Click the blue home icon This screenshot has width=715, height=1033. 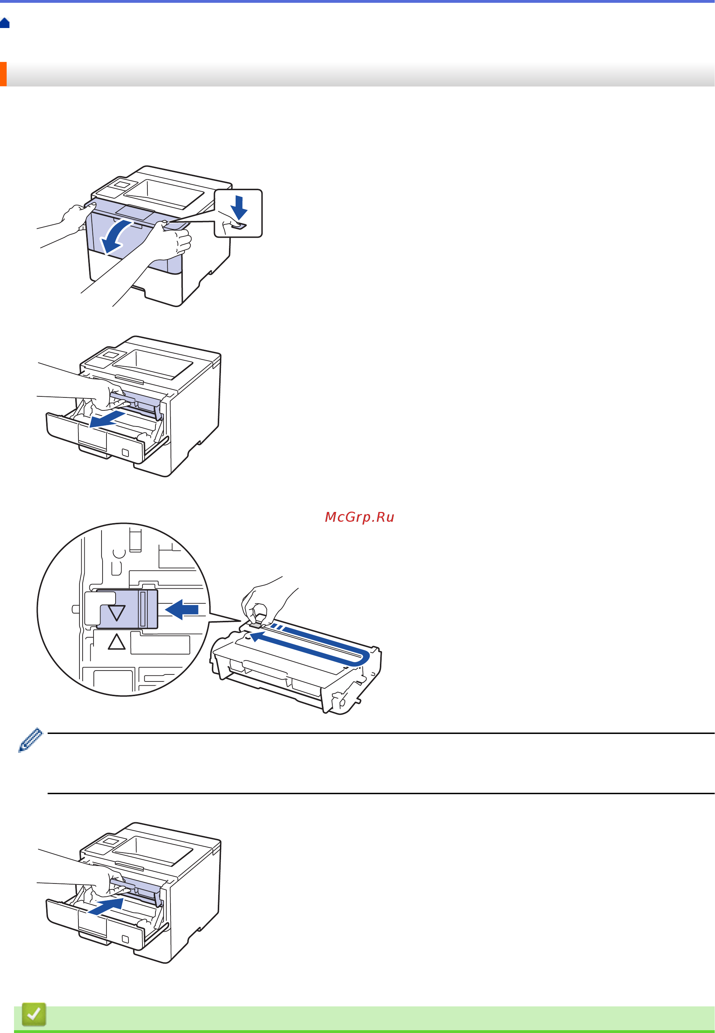(x=5, y=23)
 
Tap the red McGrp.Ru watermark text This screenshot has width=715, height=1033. (x=359, y=517)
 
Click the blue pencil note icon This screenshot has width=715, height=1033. (x=30, y=740)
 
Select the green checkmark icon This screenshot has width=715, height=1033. (x=34, y=1014)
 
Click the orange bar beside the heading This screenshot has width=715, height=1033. (x=3, y=74)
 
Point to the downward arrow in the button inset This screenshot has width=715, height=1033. (x=239, y=207)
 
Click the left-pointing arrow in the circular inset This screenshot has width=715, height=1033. (x=182, y=609)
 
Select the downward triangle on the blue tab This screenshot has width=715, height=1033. (x=117, y=613)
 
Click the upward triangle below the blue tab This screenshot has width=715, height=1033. (x=117, y=642)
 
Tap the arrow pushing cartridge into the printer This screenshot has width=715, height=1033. (x=106, y=906)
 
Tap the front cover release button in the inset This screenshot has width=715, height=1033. (x=239, y=226)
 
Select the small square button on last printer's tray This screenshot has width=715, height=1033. (x=125, y=939)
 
